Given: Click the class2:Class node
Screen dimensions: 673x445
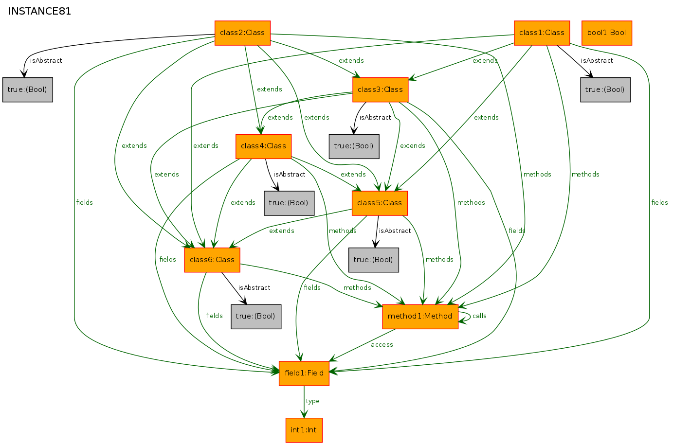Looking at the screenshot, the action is pyautogui.click(x=242, y=33).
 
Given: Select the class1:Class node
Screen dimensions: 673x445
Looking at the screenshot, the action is pyautogui.click(x=542, y=33).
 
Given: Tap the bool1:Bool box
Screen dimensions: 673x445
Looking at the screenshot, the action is pyautogui.click(x=607, y=33).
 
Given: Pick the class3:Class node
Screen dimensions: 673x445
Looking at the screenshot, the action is pyautogui.click(x=381, y=90).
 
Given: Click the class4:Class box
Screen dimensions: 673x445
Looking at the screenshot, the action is pyautogui.click(x=263, y=146).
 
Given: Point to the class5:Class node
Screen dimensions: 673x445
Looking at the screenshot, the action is pyautogui.click(x=380, y=203).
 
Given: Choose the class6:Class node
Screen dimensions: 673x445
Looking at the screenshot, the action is pyautogui.click(x=212, y=260).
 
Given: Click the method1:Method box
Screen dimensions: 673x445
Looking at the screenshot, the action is pyautogui.click(x=420, y=317).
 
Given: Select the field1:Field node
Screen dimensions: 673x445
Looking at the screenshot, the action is pyautogui.click(x=304, y=373).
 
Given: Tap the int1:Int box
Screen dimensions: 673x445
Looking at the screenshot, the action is pyautogui.click(x=304, y=430).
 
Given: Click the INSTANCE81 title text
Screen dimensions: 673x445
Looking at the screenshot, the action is pyautogui.click(x=39, y=11).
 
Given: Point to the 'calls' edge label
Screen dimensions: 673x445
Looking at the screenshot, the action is pyautogui.click(x=479, y=316).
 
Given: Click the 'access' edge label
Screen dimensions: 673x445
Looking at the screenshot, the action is pyautogui.click(x=382, y=345).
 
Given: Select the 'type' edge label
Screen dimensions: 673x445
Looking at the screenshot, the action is pyautogui.click(x=312, y=401).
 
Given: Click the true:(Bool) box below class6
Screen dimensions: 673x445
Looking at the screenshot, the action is pyautogui.click(x=256, y=317).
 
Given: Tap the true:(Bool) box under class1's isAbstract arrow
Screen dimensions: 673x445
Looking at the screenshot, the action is pyautogui.click(x=605, y=90).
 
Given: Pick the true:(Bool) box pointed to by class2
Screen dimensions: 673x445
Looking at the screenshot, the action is pyautogui.click(x=28, y=90).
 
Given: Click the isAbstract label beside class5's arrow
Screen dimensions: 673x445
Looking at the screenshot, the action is pyautogui.click(x=395, y=231).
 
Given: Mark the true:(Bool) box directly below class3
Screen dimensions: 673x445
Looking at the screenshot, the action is pyautogui.click(x=354, y=146).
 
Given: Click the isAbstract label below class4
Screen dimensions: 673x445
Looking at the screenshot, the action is pyautogui.click(x=289, y=175).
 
